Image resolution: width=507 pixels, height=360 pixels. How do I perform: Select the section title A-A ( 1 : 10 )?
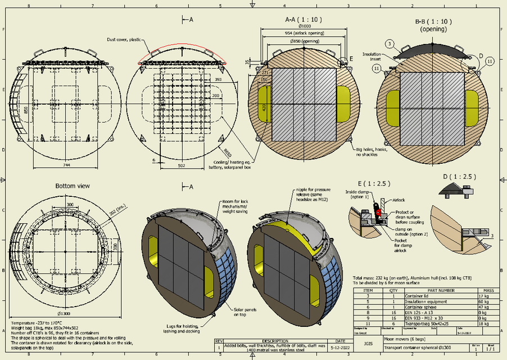[303, 19]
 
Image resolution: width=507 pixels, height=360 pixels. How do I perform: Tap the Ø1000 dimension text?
[305, 26]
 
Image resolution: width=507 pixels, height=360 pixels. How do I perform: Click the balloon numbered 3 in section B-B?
[388, 43]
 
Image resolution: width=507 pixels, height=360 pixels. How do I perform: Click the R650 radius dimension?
[228, 152]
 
